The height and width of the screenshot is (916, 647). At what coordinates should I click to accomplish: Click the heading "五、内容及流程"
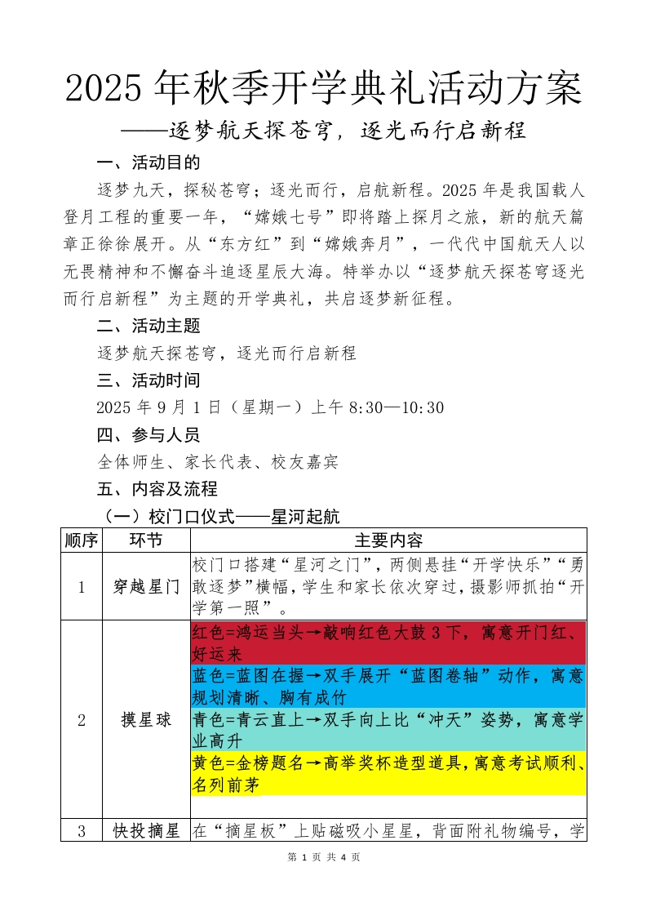pyautogui.click(x=157, y=489)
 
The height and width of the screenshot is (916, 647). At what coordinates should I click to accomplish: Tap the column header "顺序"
pyautogui.click(x=81, y=540)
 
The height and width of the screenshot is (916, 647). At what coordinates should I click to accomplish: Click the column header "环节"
pyautogui.click(x=145, y=540)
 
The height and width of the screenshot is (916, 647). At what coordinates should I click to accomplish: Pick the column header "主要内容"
pyautogui.click(x=388, y=540)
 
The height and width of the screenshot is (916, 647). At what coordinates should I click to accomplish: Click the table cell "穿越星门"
pyautogui.click(x=145, y=588)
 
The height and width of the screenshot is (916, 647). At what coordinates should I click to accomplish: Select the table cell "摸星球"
pyautogui.click(x=145, y=720)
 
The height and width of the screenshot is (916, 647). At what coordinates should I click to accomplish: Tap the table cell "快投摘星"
pyautogui.click(x=145, y=832)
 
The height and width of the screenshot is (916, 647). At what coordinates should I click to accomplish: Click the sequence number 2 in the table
pyautogui.click(x=81, y=720)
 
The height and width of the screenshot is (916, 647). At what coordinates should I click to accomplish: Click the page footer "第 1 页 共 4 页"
pyautogui.click(x=324, y=857)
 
